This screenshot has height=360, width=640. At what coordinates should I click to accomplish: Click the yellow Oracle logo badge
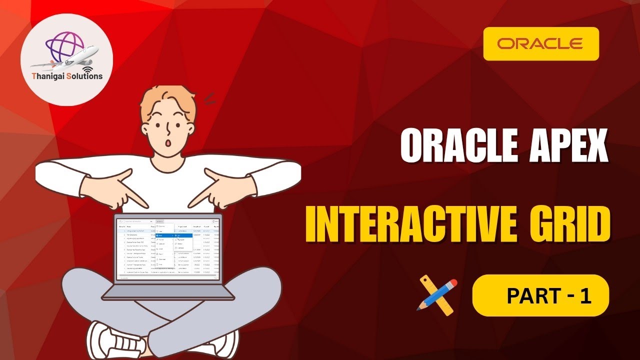(x=541, y=43)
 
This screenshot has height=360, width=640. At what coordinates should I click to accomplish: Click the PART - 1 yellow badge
(x=540, y=295)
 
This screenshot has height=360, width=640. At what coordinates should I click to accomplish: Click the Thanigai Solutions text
(x=67, y=76)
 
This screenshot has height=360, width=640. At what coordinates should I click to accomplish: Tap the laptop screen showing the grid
(x=167, y=248)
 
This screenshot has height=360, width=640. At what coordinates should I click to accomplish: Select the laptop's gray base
(x=167, y=292)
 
